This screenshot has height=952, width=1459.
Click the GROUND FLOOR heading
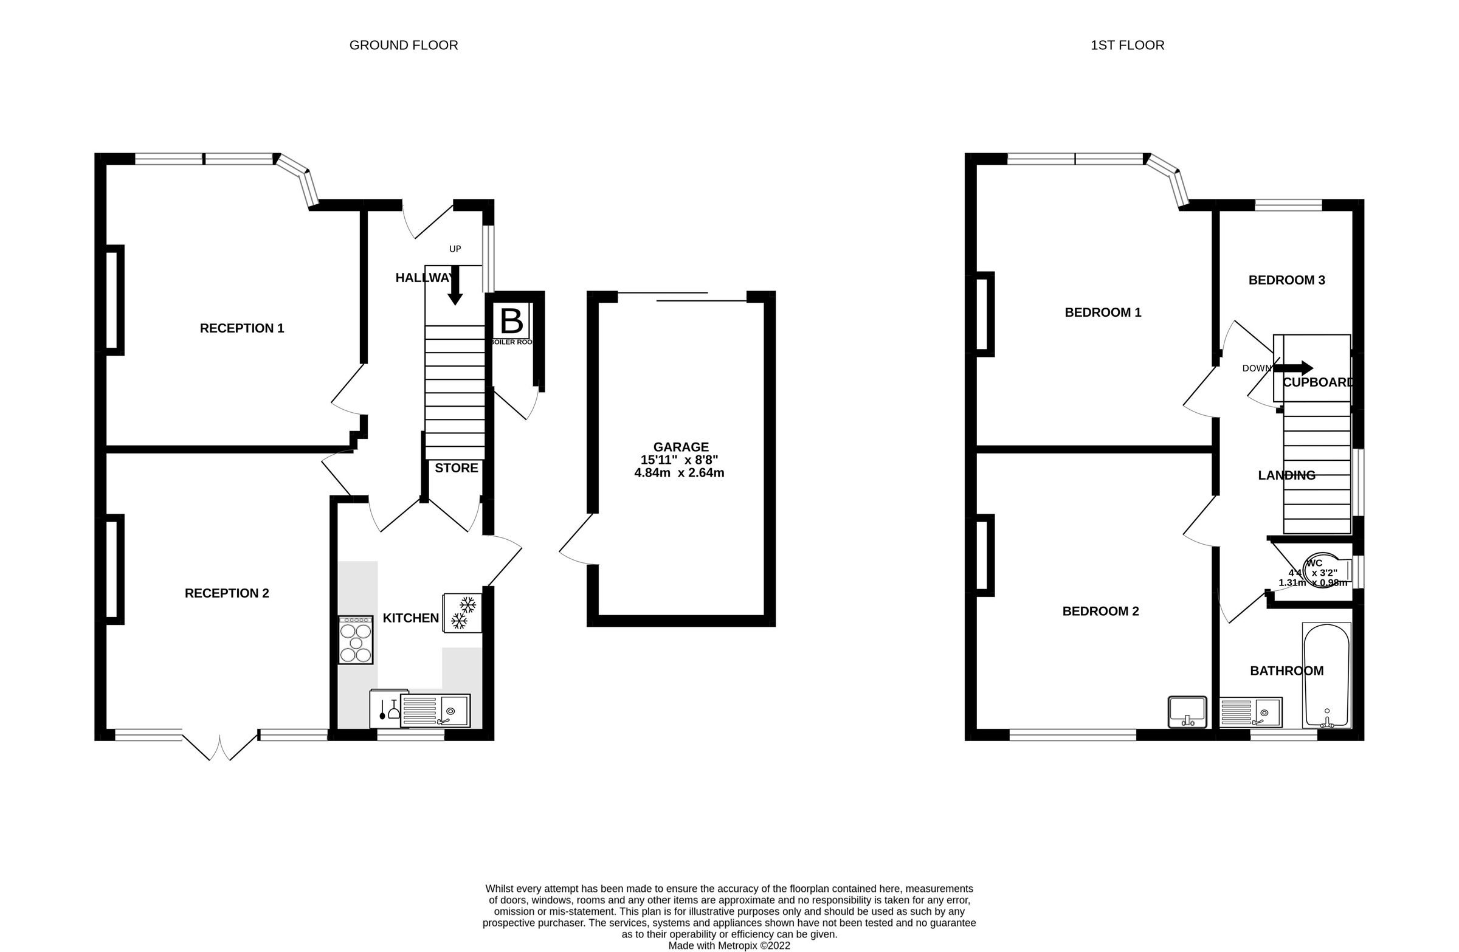pyautogui.click(x=404, y=46)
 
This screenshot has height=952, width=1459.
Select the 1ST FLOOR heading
pyautogui.click(x=1126, y=46)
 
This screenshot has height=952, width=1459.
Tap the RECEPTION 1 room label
pyautogui.click(x=241, y=328)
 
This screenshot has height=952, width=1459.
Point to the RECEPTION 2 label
pyautogui.click(x=227, y=593)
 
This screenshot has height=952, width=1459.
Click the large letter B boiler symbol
pyautogui.click(x=511, y=320)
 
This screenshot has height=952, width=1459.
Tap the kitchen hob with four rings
pyautogui.click(x=356, y=641)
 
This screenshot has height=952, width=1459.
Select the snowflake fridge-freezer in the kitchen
pyautogui.click(x=462, y=613)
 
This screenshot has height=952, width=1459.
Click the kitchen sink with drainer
pyautogui.click(x=435, y=711)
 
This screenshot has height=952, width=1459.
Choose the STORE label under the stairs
pyautogui.click(x=456, y=468)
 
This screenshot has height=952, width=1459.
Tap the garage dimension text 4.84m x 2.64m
pyautogui.click(x=679, y=473)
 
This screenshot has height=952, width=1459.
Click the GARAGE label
pyautogui.click(x=680, y=447)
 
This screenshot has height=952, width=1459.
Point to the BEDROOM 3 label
pyautogui.click(x=1286, y=281)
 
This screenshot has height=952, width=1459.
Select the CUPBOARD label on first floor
pyautogui.click(x=1318, y=382)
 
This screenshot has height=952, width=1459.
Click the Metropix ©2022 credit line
pyautogui.click(x=729, y=946)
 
